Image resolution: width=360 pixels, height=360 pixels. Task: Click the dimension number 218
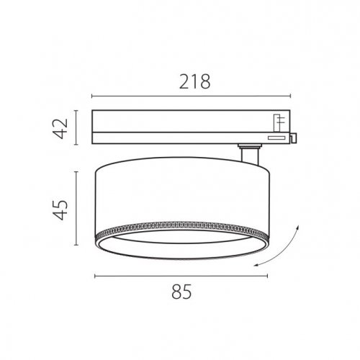(192, 83)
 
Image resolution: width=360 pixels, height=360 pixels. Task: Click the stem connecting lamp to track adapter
(250, 153)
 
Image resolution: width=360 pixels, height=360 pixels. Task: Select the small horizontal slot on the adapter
(276, 136)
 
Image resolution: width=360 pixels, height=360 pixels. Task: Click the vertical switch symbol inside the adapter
(276, 121)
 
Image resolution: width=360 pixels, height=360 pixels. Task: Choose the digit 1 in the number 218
(192, 83)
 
